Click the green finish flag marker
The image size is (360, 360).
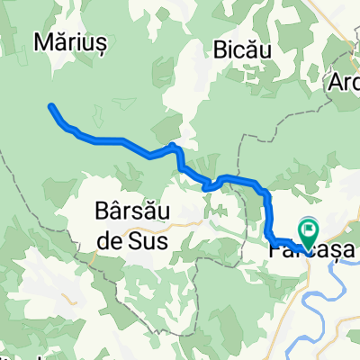308,231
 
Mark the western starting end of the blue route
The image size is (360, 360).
50,107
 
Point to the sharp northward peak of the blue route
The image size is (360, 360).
172,145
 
